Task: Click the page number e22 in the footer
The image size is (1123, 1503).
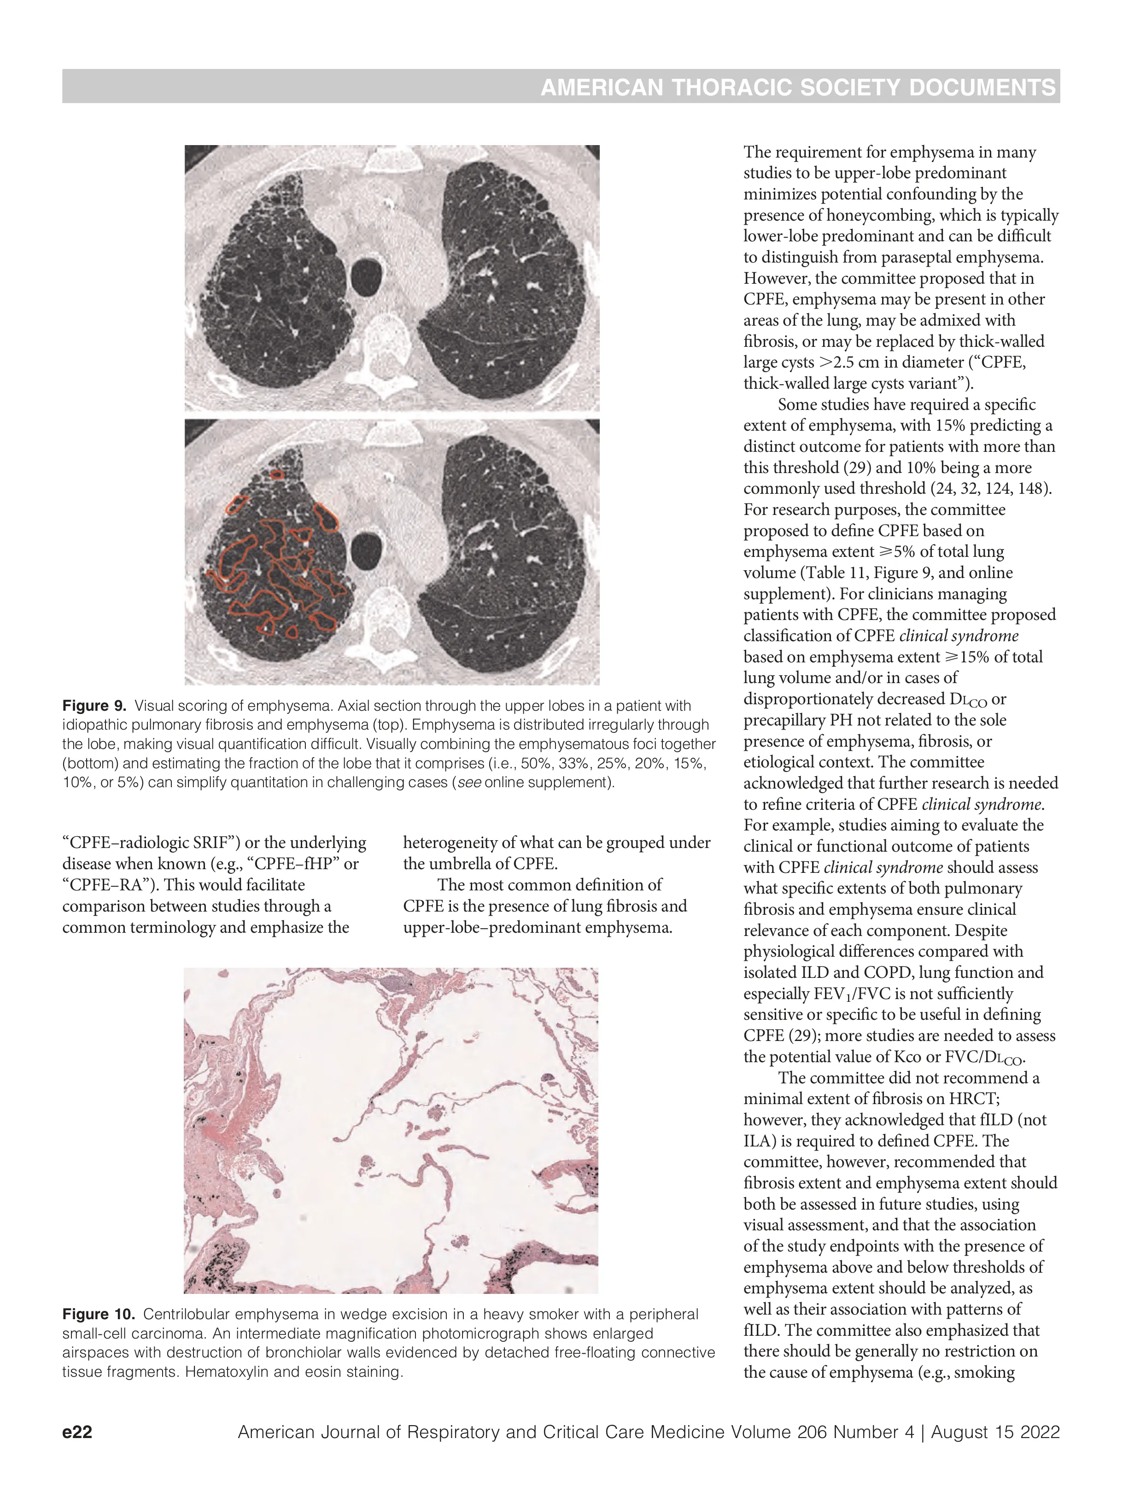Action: point(77,1432)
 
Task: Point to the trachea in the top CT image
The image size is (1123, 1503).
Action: point(367,275)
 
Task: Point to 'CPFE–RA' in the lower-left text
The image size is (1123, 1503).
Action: point(105,885)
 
